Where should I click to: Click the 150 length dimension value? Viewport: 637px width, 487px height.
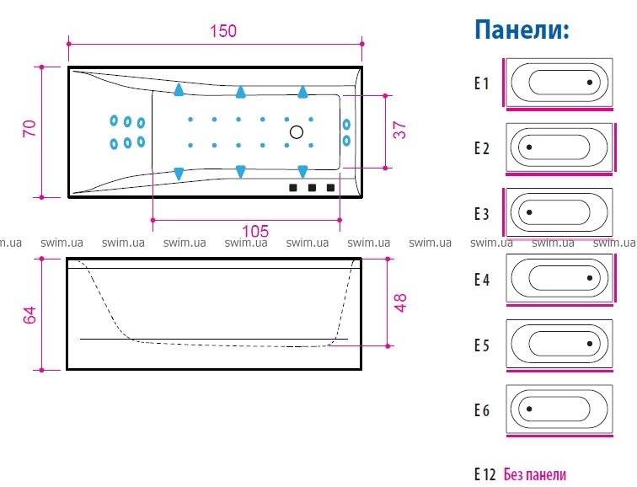click(x=223, y=31)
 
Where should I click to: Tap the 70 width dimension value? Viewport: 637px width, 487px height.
click(x=29, y=129)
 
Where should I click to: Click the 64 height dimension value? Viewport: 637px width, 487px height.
click(x=29, y=314)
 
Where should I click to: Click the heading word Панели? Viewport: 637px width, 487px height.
click(x=522, y=31)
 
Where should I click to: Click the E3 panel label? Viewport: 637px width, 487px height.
click(x=482, y=214)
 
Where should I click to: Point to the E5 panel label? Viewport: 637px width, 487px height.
click(x=482, y=345)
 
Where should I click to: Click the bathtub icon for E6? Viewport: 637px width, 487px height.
click(x=559, y=410)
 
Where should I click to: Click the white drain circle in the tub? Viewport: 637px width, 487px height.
click(x=297, y=132)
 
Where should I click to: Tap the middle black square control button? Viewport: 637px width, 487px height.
click(x=312, y=187)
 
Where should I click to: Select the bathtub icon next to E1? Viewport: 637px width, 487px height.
click(x=559, y=83)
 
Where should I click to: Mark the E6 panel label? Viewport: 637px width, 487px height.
click(x=482, y=411)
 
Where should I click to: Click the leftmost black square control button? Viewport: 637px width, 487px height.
click(x=294, y=187)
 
